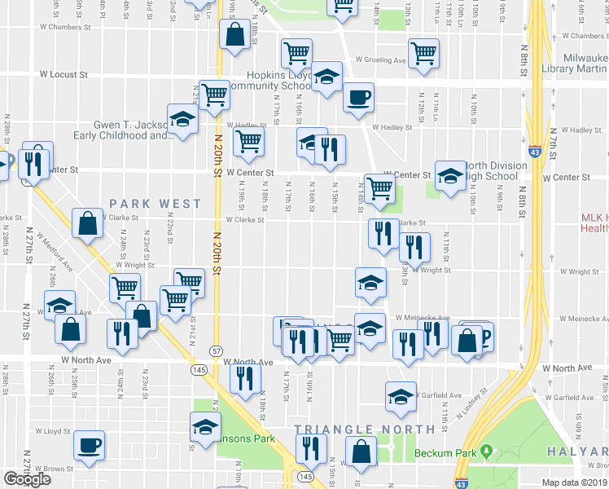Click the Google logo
click(27, 479)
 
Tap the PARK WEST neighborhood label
click(155, 203)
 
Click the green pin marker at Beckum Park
click(487, 450)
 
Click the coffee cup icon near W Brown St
click(89, 445)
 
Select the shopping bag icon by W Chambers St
click(234, 36)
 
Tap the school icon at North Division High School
click(449, 174)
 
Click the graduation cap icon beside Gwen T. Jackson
click(183, 119)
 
